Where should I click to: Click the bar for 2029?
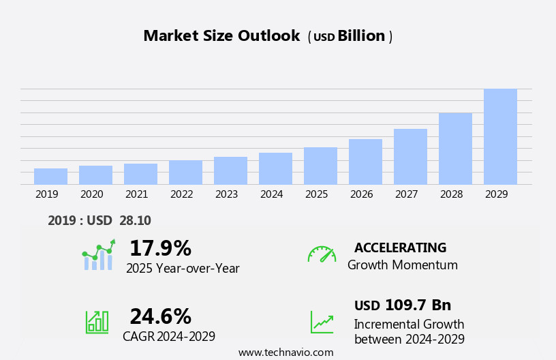[x=500, y=136]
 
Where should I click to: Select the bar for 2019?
[x=50, y=176]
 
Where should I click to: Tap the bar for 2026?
[x=365, y=162]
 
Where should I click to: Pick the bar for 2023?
[x=230, y=170]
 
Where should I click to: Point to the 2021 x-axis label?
[x=136, y=194]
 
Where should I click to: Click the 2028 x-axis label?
[x=451, y=194]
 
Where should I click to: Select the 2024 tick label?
[x=271, y=194]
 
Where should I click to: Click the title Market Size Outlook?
[x=221, y=36]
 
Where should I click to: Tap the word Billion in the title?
[x=361, y=36]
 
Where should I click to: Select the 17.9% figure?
[x=160, y=248]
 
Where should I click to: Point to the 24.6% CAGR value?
[x=160, y=316]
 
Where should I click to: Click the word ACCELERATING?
[x=400, y=247]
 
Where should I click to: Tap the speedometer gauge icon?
[x=322, y=254]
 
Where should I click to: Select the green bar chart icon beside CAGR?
[x=97, y=321]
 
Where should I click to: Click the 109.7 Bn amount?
[x=417, y=305]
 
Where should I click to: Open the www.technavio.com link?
[x=285, y=352]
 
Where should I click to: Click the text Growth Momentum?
[x=402, y=265]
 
